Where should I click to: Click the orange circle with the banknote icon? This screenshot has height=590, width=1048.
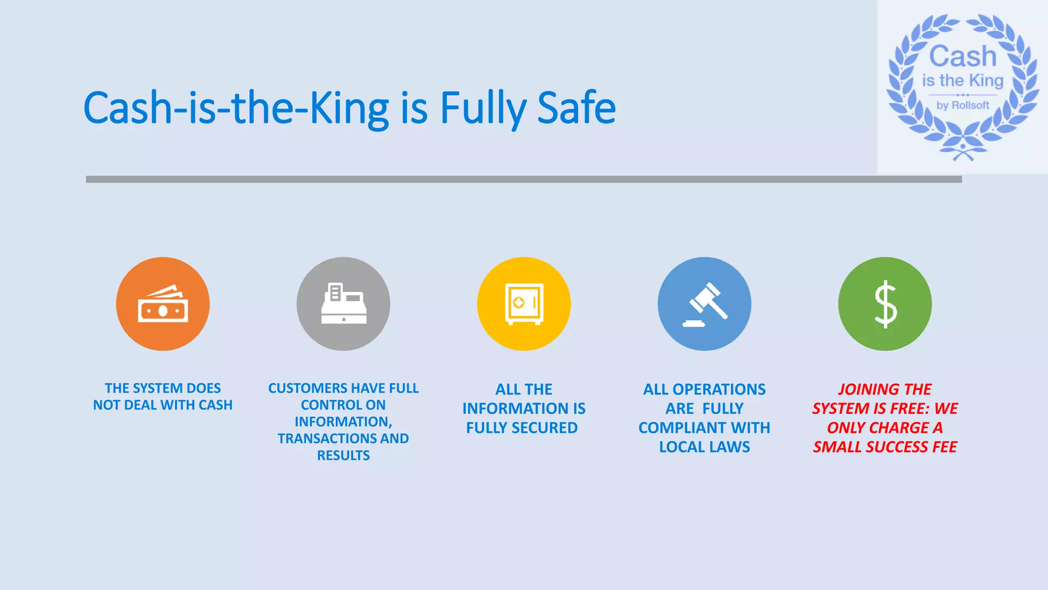[x=163, y=304]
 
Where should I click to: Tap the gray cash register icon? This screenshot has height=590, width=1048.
[x=343, y=304]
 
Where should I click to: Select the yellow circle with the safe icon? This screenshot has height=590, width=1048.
[x=524, y=304]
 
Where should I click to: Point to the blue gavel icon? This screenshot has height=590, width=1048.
[x=705, y=304]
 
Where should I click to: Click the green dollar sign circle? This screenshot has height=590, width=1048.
[x=885, y=304]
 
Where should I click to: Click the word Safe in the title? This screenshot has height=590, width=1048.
[x=576, y=108]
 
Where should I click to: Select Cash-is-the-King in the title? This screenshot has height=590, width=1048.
[x=236, y=108]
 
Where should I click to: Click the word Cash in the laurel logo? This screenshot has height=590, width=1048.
[x=963, y=56]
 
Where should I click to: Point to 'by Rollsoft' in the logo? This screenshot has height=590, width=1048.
[x=963, y=106]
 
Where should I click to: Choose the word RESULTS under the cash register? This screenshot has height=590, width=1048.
[x=343, y=455]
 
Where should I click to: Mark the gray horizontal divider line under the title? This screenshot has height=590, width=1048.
[x=524, y=179]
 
